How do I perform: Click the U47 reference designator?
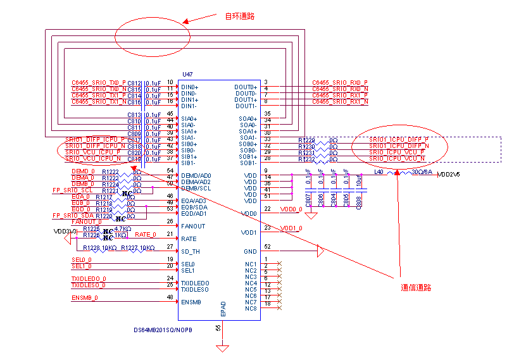click(187, 75)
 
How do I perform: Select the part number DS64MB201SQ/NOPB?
click(163, 330)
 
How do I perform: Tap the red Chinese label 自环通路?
click(240, 16)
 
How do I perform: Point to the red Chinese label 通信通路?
click(416, 287)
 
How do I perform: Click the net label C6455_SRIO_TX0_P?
click(99, 83)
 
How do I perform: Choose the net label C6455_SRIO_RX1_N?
click(341, 102)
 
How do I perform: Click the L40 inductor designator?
click(379, 171)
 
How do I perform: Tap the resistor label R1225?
click(92, 228)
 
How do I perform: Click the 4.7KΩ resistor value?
click(123, 228)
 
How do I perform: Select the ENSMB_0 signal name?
click(85, 297)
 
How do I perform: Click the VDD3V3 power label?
click(65, 232)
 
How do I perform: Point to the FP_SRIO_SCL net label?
click(72, 190)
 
